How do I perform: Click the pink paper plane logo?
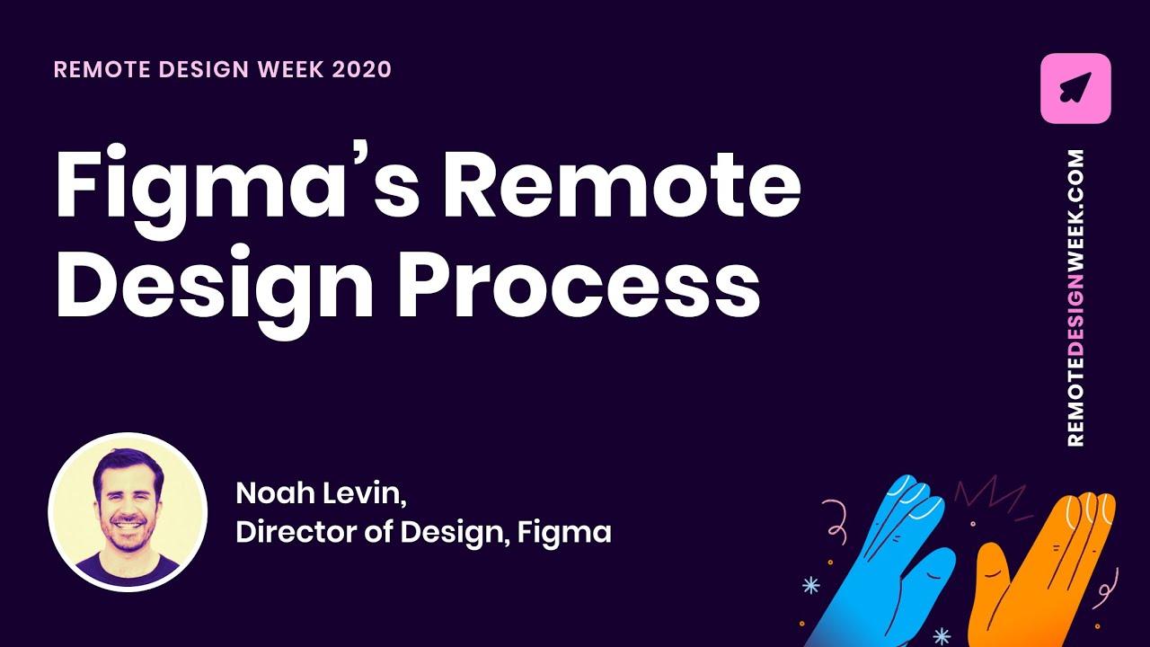(x=1075, y=88)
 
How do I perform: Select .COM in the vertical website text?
(x=1075, y=172)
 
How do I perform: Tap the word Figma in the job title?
(x=569, y=532)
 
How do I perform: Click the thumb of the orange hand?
(x=993, y=566)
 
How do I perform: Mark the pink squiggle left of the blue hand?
(x=839, y=521)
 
